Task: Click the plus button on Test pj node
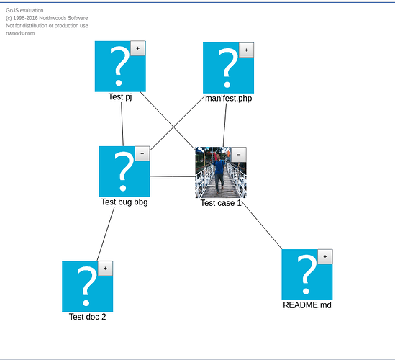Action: click(x=138, y=48)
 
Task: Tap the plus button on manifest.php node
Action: click(x=246, y=50)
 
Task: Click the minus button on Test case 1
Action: click(x=239, y=155)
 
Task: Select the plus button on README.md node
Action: click(x=325, y=256)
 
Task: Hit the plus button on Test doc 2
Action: click(x=105, y=269)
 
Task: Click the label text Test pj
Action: click(x=120, y=96)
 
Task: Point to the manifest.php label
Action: click(x=229, y=99)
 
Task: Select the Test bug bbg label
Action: click(x=124, y=202)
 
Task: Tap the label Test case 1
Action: click(x=221, y=203)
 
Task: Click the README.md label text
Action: click(x=307, y=305)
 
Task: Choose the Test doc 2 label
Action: click(x=87, y=317)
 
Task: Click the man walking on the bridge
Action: click(x=219, y=174)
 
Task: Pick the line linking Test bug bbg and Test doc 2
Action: click(x=106, y=234)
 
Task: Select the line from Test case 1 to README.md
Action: click(x=262, y=225)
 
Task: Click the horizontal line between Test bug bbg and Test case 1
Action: click(x=173, y=176)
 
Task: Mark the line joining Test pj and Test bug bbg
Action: click(x=122, y=124)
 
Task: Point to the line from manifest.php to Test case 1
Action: click(x=224, y=125)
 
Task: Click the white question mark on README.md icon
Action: click(x=307, y=274)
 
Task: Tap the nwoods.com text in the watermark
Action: click(x=20, y=33)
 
